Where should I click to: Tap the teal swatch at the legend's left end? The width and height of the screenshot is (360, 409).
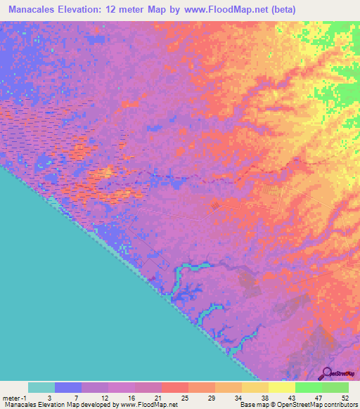(x=41, y=387)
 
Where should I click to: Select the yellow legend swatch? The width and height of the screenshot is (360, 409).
(x=282, y=387)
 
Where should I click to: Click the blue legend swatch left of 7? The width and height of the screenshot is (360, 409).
(x=68, y=387)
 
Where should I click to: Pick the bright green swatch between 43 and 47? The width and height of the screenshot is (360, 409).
(x=309, y=387)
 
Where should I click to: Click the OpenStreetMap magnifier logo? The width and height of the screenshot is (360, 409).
(x=328, y=372)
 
